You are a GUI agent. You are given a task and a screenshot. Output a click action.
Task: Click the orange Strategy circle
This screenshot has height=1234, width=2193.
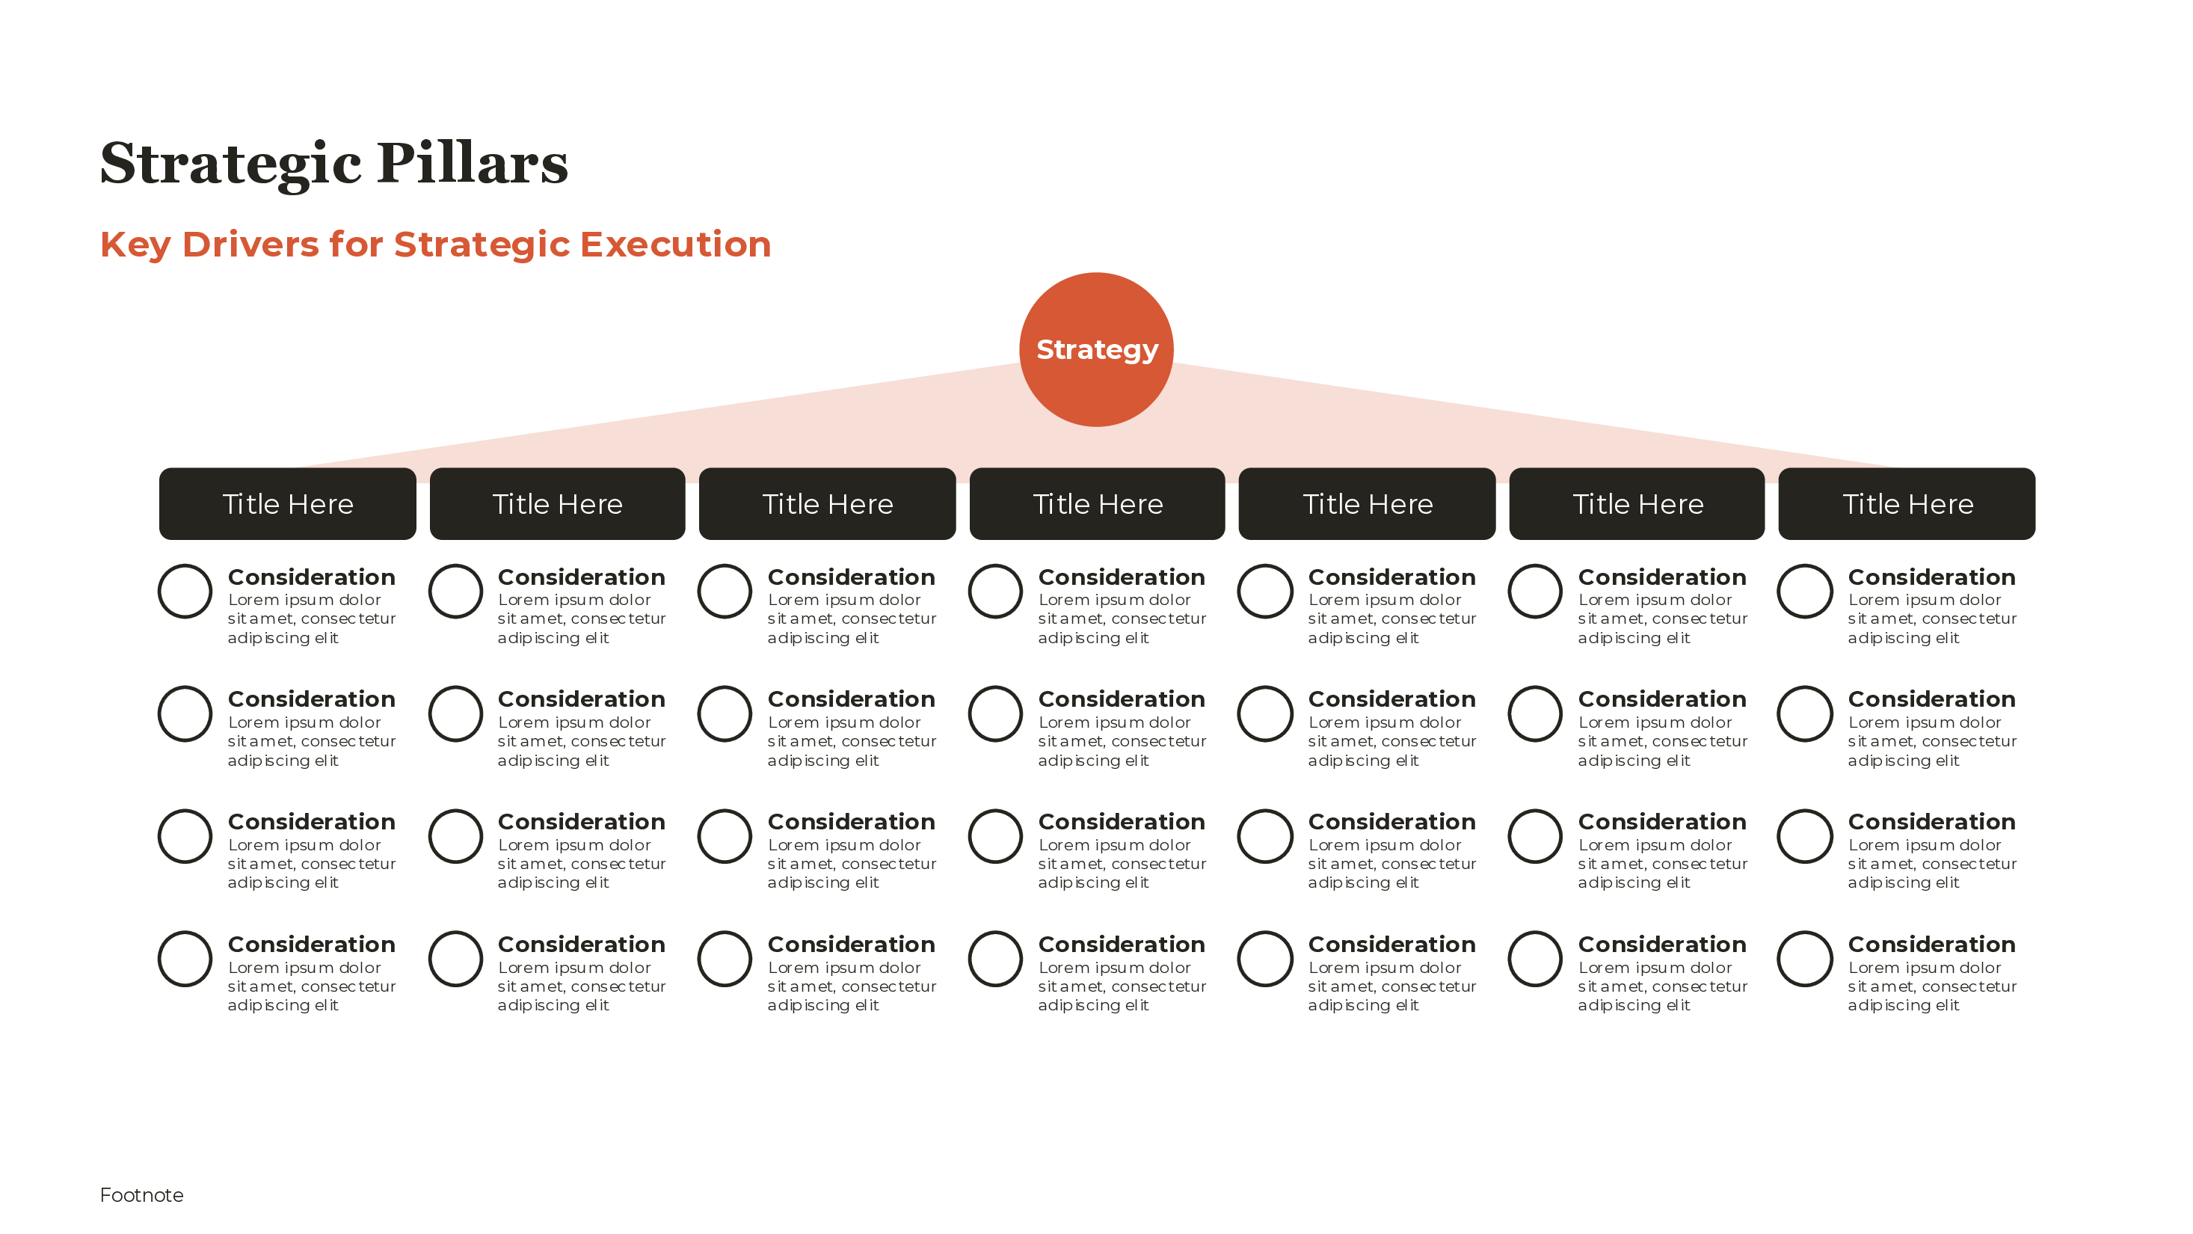pyautogui.click(x=1095, y=349)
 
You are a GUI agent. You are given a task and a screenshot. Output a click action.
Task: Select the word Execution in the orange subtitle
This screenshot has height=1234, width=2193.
pyautogui.click(x=675, y=245)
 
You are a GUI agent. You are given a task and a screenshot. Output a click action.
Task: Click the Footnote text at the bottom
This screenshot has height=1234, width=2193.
pyautogui.click(x=141, y=1195)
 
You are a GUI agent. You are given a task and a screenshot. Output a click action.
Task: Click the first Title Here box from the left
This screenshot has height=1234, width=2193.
pyautogui.click(x=288, y=503)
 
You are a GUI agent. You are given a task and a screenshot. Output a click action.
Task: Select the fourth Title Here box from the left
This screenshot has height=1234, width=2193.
pyautogui.click(x=1098, y=503)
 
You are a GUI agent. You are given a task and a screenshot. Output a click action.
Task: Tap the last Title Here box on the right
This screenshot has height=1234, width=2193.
pyautogui.click(x=1907, y=503)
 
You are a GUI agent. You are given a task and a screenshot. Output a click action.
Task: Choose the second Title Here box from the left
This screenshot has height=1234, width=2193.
pyautogui.click(x=558, y=503)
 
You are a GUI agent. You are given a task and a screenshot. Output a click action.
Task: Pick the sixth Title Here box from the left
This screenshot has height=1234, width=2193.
pyautogui.click(x=1637, y=503)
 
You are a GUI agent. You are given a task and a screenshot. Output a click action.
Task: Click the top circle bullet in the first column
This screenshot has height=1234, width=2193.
pyautogui.click(x=185, y=591)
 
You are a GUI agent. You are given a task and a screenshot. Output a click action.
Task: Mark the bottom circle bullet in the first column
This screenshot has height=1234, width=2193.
pyautogui.click(x=185, y=959)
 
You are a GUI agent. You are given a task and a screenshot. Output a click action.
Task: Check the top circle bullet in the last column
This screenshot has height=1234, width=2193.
pyautogui.click(x=1805, y=591)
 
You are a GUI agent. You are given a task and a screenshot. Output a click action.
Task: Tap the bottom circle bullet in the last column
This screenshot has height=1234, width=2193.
pyautogui.click(x=1805, y=959)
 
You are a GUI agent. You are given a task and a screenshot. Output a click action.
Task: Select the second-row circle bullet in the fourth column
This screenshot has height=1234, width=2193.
pyautogui.click(x=995, y=713)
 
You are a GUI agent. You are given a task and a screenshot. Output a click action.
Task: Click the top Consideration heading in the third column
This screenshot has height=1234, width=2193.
pyautogui.click(x=852, y=577)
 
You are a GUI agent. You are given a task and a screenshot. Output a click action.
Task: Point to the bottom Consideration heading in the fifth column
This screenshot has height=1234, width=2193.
pyautogui.click(x=1392, y=945)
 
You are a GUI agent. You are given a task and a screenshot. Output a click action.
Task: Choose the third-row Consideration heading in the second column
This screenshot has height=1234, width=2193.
pyautogui.click(x=582, y=822)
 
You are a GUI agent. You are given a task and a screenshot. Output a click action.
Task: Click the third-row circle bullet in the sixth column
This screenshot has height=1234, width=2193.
pyautogui.click(x=1535, y=836)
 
